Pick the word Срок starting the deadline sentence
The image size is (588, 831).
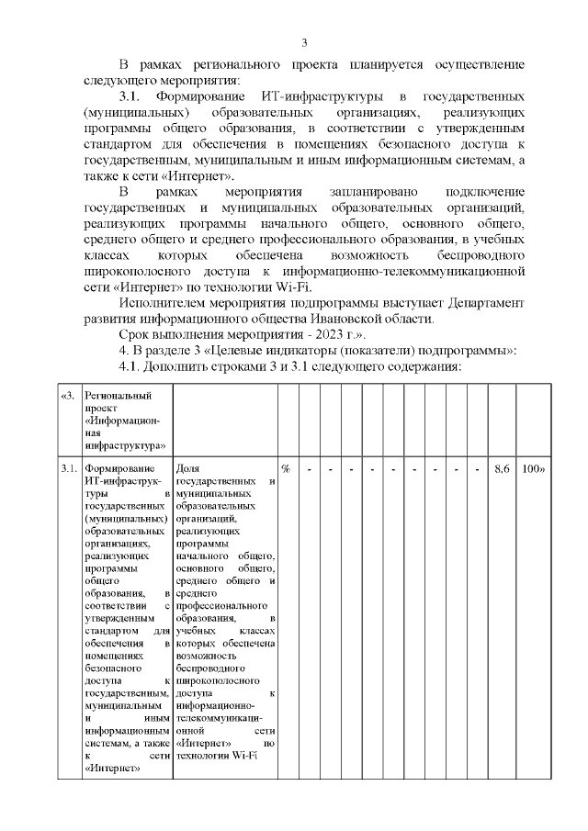136,334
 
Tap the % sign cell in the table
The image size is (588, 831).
286,470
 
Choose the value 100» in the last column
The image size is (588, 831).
533,470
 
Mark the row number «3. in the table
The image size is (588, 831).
67,397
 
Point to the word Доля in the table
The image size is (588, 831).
187,470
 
